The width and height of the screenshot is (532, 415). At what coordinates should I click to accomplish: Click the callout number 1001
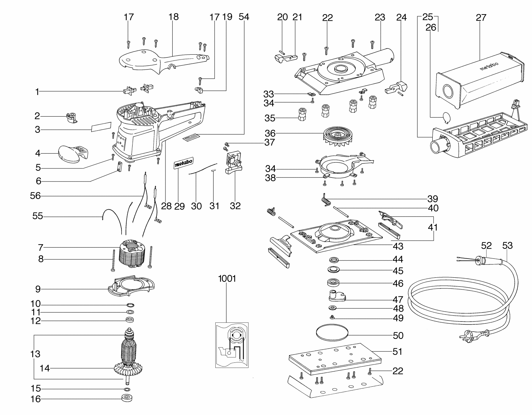point(227,278)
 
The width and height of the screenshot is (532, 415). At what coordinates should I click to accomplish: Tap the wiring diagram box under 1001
point(232,345)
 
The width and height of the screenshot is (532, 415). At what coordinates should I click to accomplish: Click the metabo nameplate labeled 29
point(183,163)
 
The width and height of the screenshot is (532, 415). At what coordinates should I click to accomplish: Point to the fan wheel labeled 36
point(337,137)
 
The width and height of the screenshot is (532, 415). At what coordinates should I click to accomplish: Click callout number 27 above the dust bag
point(481,18)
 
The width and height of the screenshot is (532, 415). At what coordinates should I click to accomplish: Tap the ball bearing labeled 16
point(127,398)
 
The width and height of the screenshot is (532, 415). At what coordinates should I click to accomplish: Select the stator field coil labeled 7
point(132,253)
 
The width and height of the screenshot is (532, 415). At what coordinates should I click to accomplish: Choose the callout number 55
point(37,216)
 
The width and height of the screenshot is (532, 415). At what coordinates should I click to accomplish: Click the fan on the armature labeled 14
point(128,369)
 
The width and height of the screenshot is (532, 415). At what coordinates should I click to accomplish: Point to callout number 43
point(398,246)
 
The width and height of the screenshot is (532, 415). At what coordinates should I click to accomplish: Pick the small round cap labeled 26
point(446,118)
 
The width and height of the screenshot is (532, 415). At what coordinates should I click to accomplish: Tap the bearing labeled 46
point(333,283)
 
